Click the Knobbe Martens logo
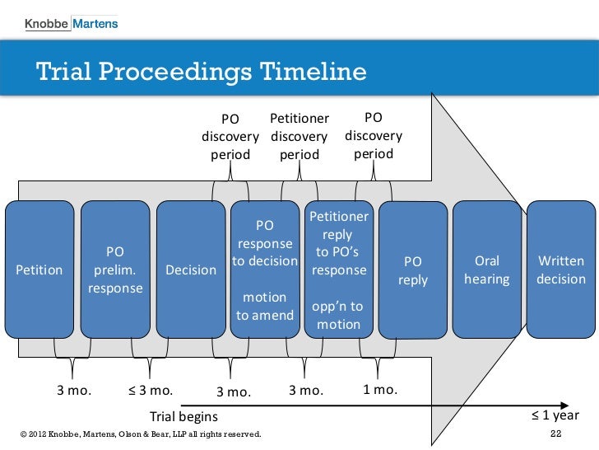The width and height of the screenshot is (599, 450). pos(71,23)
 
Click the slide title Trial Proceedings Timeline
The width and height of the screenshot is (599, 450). pos(201,72)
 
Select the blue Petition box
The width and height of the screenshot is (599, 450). pos(39,269)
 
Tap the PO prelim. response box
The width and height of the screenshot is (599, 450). pos(115,269)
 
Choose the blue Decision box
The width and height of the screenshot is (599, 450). pos(191,269)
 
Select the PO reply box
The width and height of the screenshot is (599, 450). pos(413,270)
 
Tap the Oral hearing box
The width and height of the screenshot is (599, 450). pos(487,269)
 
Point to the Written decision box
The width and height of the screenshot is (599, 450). pos(561,269)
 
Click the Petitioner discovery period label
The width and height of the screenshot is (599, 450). pos(299,136)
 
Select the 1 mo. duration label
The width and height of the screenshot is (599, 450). pos(380,390)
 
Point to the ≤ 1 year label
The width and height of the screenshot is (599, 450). pos(556,415)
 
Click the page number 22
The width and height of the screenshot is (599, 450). pos(555,434)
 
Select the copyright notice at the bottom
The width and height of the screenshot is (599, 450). pos(138,434)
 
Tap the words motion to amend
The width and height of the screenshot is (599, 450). pos(265,306)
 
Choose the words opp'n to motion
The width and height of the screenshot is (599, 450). pos(338,315)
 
